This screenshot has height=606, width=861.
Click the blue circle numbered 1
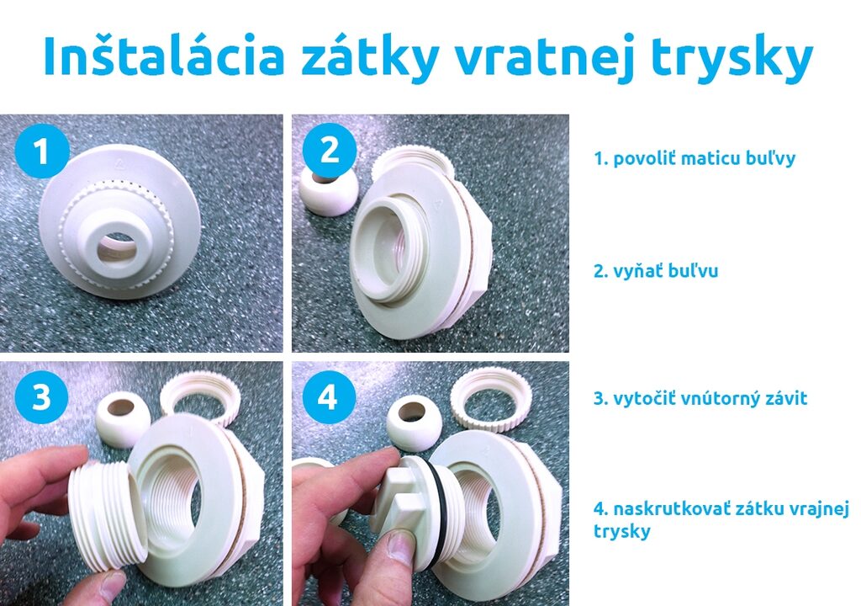click(40, 152)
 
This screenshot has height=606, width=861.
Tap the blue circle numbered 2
click(329, 152)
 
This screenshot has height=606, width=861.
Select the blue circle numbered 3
click(40, 397)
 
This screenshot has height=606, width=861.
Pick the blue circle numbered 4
click(329, 397)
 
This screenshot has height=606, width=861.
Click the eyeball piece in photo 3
click(123, 419)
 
